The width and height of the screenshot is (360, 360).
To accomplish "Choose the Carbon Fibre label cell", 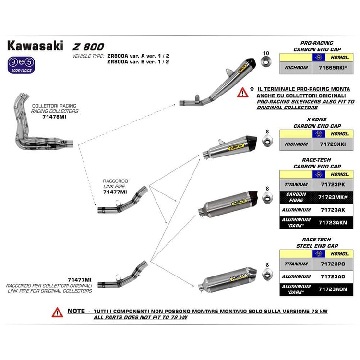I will click(x=296, y=197).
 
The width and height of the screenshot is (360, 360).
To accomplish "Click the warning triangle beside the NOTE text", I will click(x=58, y=312).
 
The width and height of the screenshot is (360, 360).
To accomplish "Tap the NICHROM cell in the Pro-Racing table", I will click(x=296, y=68).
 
